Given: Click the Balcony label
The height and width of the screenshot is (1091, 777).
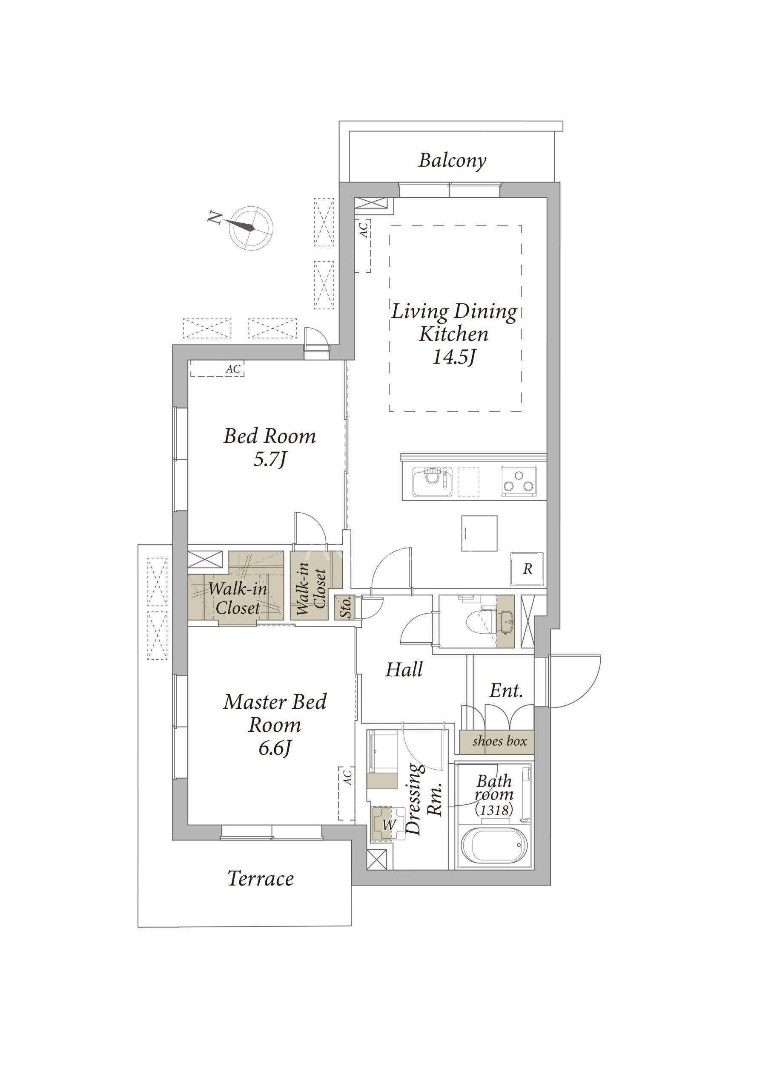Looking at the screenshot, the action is click(x=452, y=160).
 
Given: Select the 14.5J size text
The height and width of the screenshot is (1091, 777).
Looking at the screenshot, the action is click(x=455, y=357).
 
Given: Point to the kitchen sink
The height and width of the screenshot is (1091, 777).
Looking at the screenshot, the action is click(x=433, y=482).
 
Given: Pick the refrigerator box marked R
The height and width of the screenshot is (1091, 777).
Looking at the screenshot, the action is click(x=527, y=569).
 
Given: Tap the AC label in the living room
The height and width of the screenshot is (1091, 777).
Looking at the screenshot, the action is click(x=364, y=230).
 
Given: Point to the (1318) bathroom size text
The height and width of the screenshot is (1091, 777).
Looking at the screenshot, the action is click(x=494, y=809).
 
